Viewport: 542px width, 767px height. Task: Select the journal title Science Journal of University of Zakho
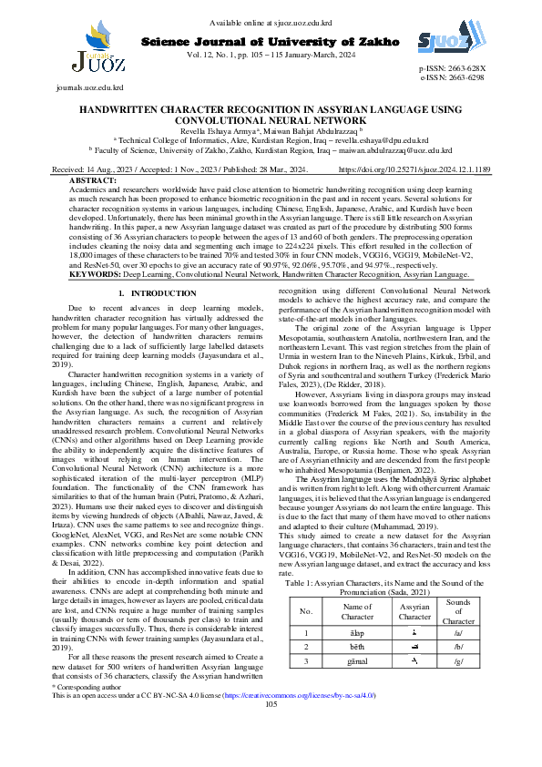[271, 42]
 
